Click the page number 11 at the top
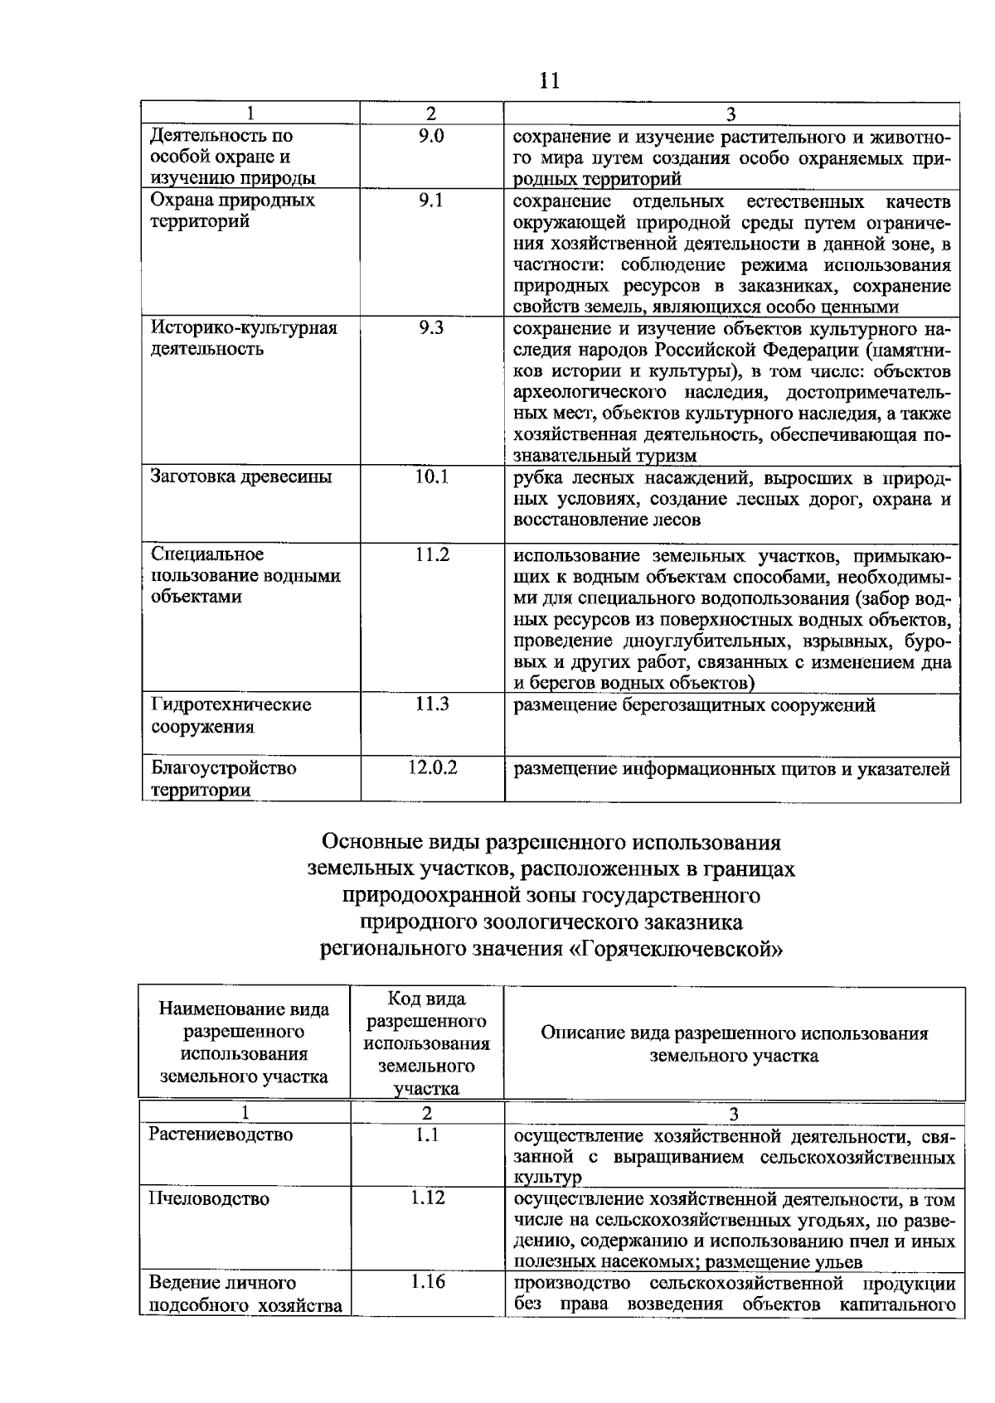point(549,80)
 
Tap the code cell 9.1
point(431,201)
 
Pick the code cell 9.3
point(431,328)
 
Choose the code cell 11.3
point(432,704)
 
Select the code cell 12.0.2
point(432,768)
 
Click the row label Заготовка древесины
point(240,477)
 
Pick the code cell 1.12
point(427,1198)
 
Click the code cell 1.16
point(427,1283)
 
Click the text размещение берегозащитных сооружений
point(694,706)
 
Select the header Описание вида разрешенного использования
point(734,1034)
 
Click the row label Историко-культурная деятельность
point(243,338)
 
